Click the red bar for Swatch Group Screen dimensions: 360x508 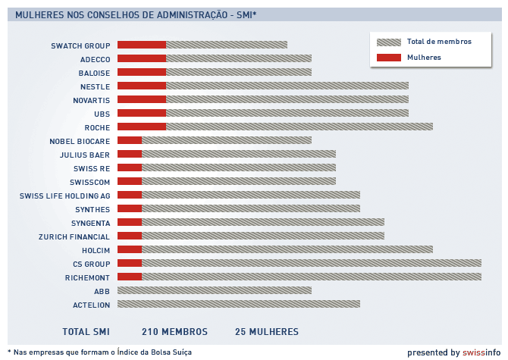[x=142, y=45]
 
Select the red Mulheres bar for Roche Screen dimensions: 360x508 [x=142, y=127]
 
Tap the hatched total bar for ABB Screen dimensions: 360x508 [x=215, y=291]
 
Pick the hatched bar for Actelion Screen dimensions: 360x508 [x=239, y=305]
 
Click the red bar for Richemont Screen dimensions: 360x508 [x=130, y=277]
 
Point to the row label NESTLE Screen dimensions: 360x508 [x=95, y=86]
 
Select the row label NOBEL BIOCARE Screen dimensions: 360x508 [x=80, y=141]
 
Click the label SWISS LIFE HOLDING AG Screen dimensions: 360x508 [x=65, y=196]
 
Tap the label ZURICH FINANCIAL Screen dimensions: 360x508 [x=74, y=236]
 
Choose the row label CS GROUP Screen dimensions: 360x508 [x=92, y=264]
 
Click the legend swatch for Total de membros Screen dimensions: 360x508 [x=388, y=42]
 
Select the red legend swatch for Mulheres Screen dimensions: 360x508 [x=388, y=57]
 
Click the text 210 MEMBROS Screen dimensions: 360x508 [x=174, y=332]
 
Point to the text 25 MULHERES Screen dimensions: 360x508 [x=267, y=332]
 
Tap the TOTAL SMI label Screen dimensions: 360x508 [x=86, y=332]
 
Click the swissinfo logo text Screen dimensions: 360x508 [x=481, y=352]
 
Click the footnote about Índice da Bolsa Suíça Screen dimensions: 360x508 [x=99, y=352]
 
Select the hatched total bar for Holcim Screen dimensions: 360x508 [x=287, y=250]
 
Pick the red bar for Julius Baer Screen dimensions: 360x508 [x=130, y=155]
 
